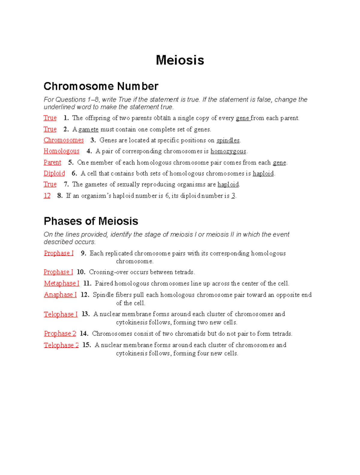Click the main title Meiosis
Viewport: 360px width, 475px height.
click(180, 60)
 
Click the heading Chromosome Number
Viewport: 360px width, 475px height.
click(101, 86)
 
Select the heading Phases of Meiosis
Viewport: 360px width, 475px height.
click(91, 221)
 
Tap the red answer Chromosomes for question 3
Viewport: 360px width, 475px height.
click(64, 140)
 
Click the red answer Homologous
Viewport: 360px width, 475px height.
click(61, 151)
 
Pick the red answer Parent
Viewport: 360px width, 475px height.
click(52, 162)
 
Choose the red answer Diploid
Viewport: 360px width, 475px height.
click(54, 173)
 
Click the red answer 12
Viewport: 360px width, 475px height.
click(47, 196)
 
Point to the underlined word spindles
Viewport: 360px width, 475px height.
click(228, 140)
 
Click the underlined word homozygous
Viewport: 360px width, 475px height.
click(228, 151)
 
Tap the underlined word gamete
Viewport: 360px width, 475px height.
click(88, 129)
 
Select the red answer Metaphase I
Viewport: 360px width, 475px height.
click(61, 283)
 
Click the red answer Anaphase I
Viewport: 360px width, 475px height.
click(60, 295)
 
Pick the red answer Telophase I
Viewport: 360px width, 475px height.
click(61, 314)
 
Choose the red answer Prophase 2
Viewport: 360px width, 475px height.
click(60, 334)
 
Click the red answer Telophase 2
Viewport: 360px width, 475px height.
click(61, 345)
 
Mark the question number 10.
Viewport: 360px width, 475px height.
click(81, 272)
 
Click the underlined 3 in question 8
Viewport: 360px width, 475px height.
click(233, 196)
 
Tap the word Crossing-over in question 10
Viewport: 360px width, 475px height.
click(106, 272)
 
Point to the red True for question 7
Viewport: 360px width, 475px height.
click(50, 184)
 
